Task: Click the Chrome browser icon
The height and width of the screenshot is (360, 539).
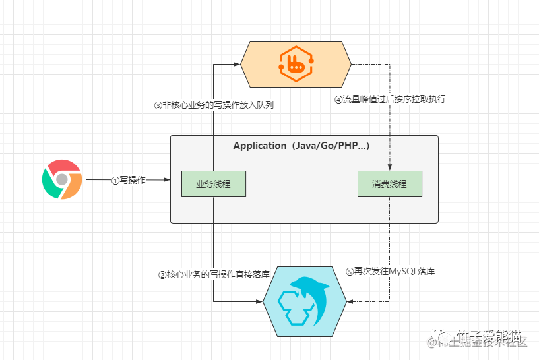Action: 62,179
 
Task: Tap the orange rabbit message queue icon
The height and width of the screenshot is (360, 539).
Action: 296,64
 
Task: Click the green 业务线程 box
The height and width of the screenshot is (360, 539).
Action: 214,184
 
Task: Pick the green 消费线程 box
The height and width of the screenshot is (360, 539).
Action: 389,184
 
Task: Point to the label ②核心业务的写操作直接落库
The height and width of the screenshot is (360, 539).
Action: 214,274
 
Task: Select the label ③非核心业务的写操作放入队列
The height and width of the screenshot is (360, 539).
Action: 214,105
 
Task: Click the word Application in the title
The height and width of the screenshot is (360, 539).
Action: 259,146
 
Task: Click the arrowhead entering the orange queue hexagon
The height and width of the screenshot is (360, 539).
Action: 236,64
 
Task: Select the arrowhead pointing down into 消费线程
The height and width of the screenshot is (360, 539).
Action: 389,168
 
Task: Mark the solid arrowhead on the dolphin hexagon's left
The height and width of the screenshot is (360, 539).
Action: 258,302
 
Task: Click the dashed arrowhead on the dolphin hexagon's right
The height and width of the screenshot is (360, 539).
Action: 350,302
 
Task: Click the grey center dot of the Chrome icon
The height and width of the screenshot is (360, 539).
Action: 62,179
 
